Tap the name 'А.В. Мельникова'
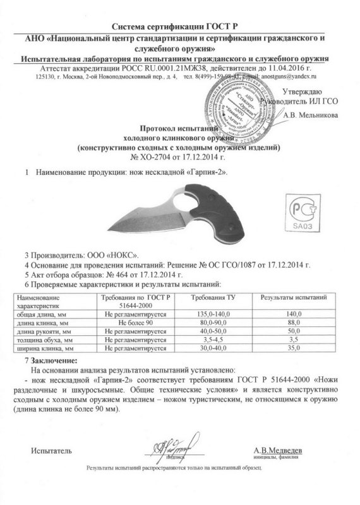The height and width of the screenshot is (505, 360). click(x=311, y=116)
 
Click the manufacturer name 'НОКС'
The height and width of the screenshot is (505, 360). click(x=103, y=258)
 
